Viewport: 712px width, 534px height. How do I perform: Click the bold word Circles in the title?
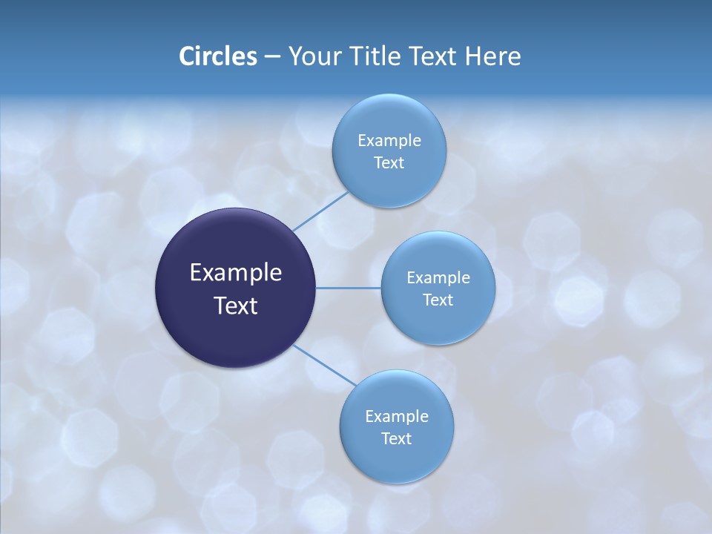218,56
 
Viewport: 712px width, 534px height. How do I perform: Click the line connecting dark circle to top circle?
320,211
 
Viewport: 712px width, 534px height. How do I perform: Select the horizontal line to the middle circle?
349,288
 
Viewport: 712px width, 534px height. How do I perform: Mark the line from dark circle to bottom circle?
325,364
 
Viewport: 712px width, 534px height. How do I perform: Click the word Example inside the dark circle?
236,273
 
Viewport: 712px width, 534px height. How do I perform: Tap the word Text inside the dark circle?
236,306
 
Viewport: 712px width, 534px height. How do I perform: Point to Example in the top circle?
389,141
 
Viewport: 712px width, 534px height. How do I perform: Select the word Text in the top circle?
389,163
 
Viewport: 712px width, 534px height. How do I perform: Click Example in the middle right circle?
438,278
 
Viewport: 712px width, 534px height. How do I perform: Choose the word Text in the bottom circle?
397,439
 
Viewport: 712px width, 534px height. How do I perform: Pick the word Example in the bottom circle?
397,417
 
